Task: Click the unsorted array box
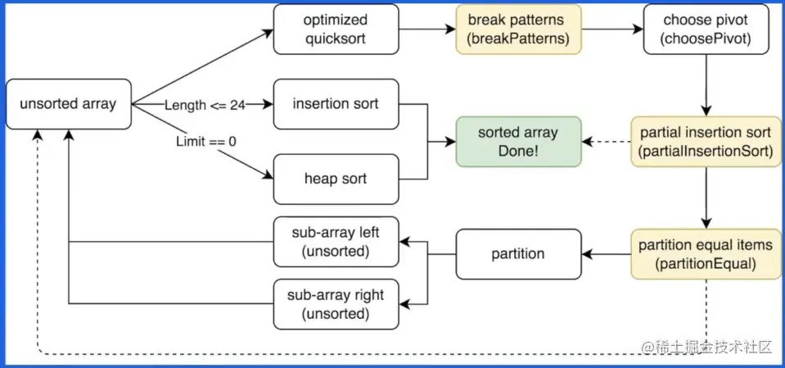[69, 104]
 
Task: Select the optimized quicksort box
[336, 30]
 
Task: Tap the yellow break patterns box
[518, 30]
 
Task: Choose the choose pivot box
[706, 30]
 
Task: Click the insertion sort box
[336, 104]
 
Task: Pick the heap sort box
[336, 179]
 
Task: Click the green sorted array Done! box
[518, 141]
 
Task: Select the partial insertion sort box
[706, 141]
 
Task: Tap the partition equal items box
[706, 253]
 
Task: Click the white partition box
[518, 253]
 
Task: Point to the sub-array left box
[336, 242]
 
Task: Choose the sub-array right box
[336, 303]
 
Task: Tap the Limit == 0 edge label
[206, 141]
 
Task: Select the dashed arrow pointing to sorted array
[607, 141]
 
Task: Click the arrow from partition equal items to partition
[607, 253]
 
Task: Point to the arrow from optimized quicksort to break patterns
[426, 30]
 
